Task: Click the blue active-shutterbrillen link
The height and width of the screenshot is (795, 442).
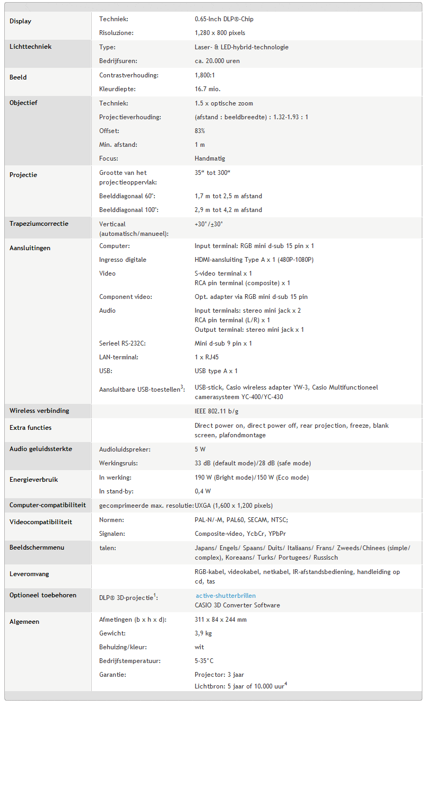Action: [x=225, y=596]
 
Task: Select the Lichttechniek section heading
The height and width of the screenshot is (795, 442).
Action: [x=30, y=47]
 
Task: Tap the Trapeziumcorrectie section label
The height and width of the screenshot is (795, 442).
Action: [x=39, y=224]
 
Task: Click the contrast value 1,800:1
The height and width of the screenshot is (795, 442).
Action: [x=204, y=75]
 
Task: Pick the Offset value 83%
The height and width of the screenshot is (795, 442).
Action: [x=200, y=131]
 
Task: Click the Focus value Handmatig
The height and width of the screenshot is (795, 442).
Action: [x=210, y=158]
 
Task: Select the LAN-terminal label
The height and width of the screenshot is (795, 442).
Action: [x=118, y=357]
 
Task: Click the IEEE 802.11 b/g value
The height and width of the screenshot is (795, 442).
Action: [x=220, y=411]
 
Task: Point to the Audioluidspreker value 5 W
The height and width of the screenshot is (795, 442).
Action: [x=200, y=449]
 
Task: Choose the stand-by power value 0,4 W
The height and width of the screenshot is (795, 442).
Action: [x=202, y=491]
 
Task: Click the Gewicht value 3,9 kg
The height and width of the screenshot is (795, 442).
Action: [x=203, y=633]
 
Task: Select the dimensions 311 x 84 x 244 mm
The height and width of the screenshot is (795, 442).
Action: [x=220, y=620]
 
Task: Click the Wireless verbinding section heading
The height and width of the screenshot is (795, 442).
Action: [x=39, y=411]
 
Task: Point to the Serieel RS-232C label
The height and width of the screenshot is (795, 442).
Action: [x=122, y=343]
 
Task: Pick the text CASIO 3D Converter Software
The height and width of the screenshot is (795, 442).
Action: [x=237, y=605]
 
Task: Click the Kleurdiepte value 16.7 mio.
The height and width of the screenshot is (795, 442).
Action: [x=207, y=89]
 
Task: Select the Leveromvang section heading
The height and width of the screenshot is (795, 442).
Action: [x=29, y=574]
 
